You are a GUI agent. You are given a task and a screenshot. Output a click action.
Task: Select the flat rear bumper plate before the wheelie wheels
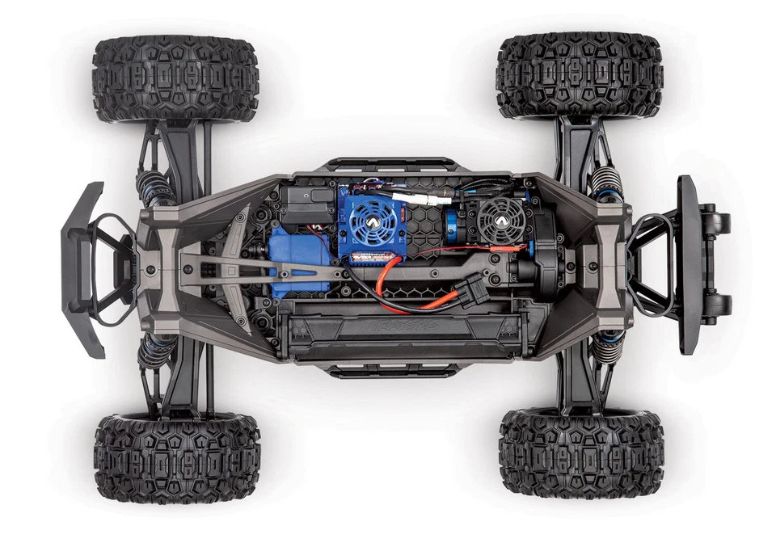(688, 264)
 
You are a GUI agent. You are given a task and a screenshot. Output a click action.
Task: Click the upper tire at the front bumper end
(175, 78)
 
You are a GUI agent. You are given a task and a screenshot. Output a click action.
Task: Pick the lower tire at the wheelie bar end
(581, 452)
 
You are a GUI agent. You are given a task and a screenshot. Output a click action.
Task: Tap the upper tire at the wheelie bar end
(580, 75)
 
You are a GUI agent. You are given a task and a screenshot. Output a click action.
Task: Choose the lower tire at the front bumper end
(177, 457)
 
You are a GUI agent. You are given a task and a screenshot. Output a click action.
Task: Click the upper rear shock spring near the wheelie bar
(607, 184)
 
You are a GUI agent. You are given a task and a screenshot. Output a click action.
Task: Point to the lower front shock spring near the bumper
(154, 352)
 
